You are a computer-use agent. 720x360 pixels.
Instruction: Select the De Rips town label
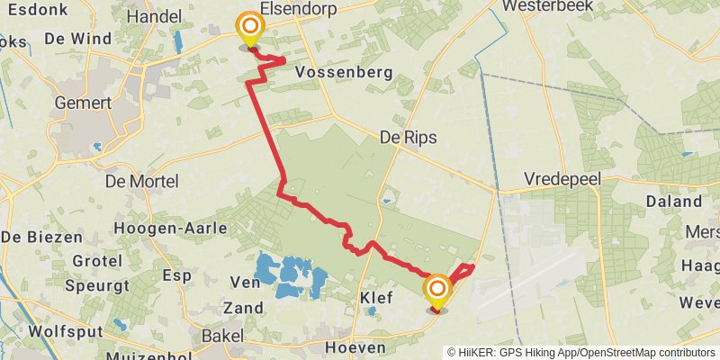408,138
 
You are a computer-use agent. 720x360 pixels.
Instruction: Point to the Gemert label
83,103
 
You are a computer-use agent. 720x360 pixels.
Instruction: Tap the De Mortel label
141,181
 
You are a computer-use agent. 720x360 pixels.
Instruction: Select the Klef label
376,297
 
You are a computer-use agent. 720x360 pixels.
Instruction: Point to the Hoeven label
355,347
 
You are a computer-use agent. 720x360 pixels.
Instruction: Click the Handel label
155,17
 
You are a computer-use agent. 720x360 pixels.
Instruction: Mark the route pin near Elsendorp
247,31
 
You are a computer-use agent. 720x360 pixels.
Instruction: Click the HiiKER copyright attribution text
581,352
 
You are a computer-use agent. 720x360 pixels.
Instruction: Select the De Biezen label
41,238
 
